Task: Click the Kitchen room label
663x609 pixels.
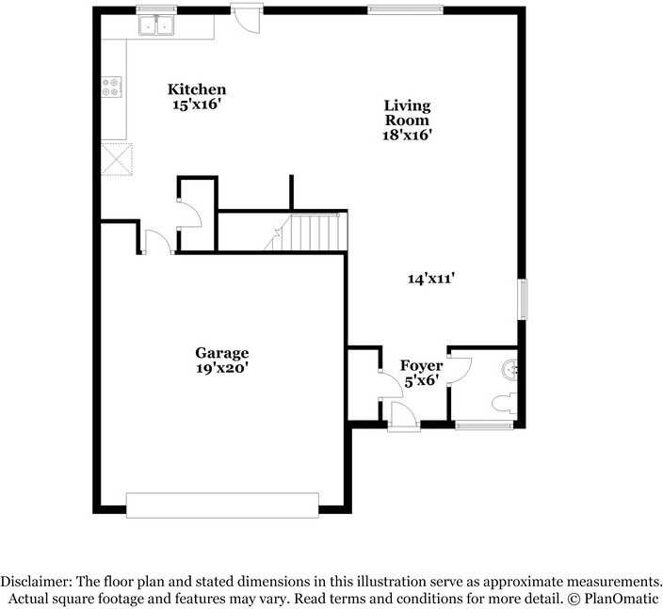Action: click(197, 89)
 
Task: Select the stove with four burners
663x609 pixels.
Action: click(112, 87)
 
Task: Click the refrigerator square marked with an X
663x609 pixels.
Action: click(117, 159)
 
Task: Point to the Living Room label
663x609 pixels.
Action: click(407, 112)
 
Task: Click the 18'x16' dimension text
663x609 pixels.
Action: click(407, 135)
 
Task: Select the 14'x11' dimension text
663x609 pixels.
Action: click(432, 278)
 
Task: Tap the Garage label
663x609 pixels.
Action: click(221, 353)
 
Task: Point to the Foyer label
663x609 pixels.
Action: click(421, 365)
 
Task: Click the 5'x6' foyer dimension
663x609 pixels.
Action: click(421, 380)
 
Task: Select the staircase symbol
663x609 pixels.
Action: click(307, 232)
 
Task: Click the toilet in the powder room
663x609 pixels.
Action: click(504, 404)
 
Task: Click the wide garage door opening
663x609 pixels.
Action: click(223, 505)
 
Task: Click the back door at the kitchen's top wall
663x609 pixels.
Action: click(247, 17)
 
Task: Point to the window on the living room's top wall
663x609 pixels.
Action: click(405, 10)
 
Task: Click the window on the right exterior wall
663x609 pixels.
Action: click(523, 299)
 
